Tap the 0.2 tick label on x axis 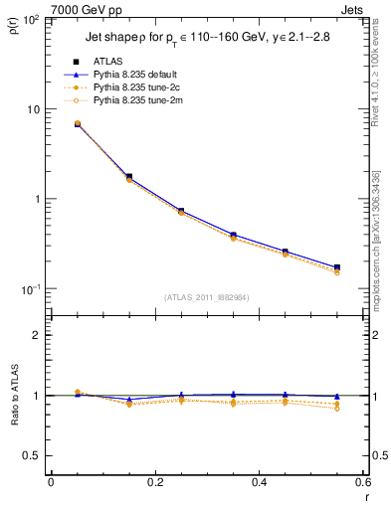click(x=155, y=482)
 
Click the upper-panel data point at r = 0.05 click(x=78, y=124)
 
